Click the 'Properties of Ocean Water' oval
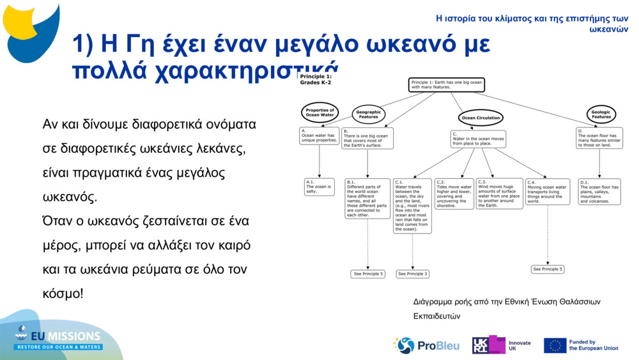click(319, 113)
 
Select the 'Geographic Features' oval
click(369, 114)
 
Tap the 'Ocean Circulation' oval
click(481, 118)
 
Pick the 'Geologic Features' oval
click(601, 114)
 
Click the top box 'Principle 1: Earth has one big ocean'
click(447, 85)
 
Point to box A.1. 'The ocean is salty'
click(319, 187)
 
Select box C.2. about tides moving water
click(454, 194)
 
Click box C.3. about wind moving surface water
click(499, 194)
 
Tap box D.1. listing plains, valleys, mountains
click(599, 192)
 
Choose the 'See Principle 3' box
click(412, 274)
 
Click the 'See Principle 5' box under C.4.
click(548, 269)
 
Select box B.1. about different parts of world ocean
click(367, 198)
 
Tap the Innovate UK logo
click(501, 345)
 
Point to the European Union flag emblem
click(555, 345)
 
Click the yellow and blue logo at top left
click(31, 29)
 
